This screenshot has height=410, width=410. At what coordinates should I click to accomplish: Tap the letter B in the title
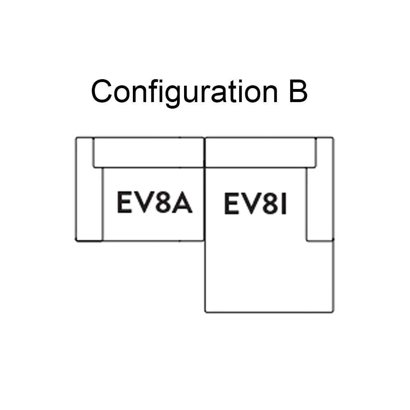298,91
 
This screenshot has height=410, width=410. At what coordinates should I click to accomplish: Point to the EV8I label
255,204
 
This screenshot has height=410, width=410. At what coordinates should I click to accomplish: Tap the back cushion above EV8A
148,153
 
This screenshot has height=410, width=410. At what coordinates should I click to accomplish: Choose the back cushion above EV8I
260,153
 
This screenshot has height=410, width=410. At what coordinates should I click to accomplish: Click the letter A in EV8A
182,203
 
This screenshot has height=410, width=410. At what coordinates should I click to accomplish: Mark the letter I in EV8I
282,204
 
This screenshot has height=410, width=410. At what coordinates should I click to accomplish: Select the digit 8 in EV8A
162,203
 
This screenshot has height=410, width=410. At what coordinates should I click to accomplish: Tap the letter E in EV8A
124,203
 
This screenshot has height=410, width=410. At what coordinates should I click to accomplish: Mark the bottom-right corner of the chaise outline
333,312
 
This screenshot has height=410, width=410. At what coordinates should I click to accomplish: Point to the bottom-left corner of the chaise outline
205,312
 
